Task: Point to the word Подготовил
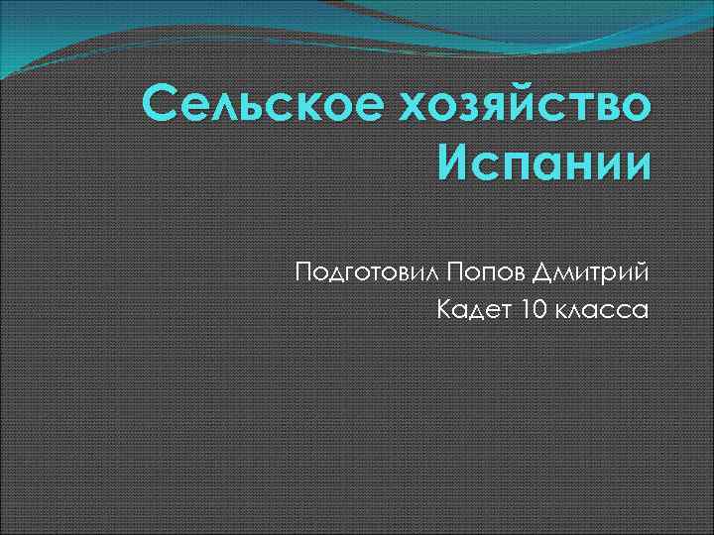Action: [365, 269]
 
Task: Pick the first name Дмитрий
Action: [593, 269]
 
